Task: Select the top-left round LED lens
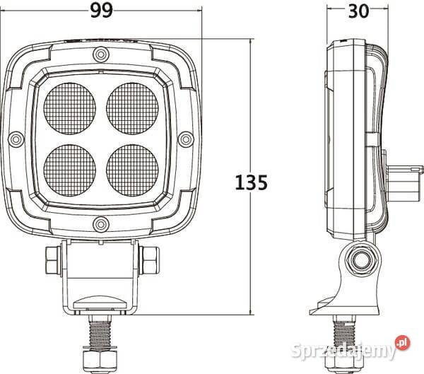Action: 70,109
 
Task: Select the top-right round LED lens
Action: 131,109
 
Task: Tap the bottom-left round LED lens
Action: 70,169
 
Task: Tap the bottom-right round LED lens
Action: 131,169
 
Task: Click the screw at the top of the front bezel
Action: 101,54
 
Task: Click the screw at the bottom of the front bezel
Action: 101,226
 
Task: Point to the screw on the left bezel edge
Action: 16,139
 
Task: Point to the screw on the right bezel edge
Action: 186,139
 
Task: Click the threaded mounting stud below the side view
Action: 343,332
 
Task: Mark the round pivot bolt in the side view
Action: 360,259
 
